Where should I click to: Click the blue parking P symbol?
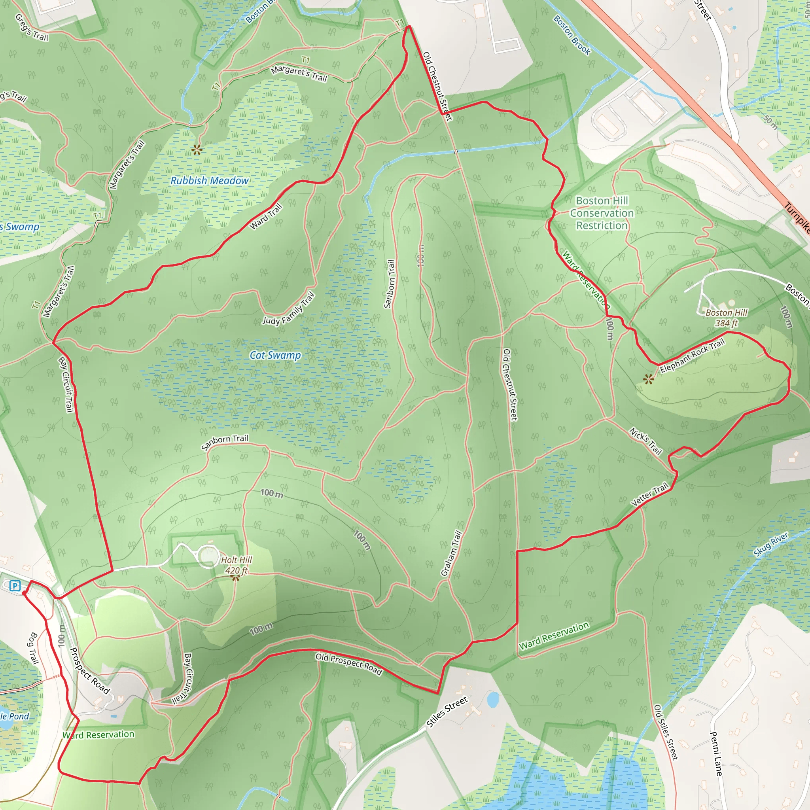[15, 586]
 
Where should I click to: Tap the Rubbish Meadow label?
[209, 181]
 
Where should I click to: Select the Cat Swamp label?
[275, 355]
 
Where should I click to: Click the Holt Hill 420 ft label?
[237, 565]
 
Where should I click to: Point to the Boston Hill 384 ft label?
[727, 318]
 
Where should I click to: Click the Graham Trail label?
[451, 553]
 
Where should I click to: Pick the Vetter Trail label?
[649, 495]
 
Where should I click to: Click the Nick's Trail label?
[645, 441]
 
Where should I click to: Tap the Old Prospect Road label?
[349, 664]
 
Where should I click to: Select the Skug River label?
[770, 544]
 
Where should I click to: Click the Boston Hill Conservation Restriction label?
[602, 213]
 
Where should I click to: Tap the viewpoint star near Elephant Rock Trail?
[649, 379]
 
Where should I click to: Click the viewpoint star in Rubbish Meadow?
[197, 149]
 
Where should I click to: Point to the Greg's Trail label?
[32, 28]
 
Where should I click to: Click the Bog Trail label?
[33, 649]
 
